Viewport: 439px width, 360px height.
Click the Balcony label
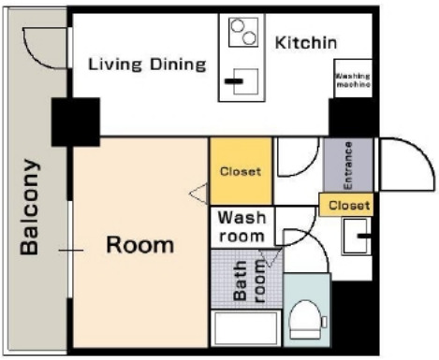tap(30, 208)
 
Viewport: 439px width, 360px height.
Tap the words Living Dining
tap(147, 65)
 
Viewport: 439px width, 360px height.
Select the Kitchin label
tap(306, 43)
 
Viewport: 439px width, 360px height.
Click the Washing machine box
tap(353, 79)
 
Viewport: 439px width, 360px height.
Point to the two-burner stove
tap(243, 32)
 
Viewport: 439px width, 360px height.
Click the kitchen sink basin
tap(246, 81)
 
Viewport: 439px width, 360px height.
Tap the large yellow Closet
tap(241, 171)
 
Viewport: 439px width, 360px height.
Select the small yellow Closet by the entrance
tap(346, 205)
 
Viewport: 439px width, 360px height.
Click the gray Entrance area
tap(348, 165)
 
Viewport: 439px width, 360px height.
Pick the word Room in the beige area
tap(140, 245)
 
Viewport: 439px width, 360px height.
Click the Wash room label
tap(241, 226)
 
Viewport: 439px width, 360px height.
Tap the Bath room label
tap(249, 281)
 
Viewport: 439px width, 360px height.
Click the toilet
tap(306, 320)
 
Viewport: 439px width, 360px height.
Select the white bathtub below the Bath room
tap(245, 328)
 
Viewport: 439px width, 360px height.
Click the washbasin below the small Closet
tap(356, 236)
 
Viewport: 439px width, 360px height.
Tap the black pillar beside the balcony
tap(76, 122)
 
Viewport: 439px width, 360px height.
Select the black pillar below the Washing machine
tap(352, 118)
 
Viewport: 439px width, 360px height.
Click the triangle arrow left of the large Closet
tap(198, 194)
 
